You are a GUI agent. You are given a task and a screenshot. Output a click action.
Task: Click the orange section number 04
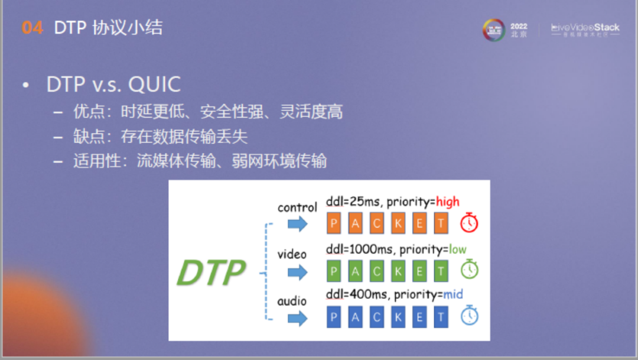tap(32, 28)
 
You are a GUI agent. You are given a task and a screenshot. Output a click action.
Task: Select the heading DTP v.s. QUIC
tap(113, 85)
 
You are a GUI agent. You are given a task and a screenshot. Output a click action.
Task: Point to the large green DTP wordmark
tap(211, 273)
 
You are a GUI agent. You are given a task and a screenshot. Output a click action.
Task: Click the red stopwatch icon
tap(469, 223)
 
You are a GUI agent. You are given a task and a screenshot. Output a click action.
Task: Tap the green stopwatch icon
tap(469, 270)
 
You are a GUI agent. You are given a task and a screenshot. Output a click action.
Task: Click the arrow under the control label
tap(298, 224)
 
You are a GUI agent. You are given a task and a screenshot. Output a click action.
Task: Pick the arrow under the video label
tap(298, 272)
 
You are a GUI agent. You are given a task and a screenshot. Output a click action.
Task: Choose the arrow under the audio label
tap(298, 318)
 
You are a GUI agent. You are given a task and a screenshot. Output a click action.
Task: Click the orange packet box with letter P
tap(334, 223)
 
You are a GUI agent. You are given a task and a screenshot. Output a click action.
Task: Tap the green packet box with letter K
tap(398, 271)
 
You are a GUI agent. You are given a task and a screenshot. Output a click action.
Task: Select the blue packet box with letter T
tap(441, 317)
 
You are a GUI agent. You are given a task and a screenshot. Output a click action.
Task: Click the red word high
tap(448, 202)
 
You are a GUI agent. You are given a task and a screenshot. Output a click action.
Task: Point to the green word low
tap(457, 249)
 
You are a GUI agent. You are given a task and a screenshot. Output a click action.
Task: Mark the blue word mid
tap(453, 294)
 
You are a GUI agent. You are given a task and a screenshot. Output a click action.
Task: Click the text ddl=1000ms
tap(354, 249)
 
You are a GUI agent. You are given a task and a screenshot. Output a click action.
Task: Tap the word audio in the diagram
tap(292, 301)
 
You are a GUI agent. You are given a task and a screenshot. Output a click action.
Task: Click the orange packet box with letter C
tap(377, 223)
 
